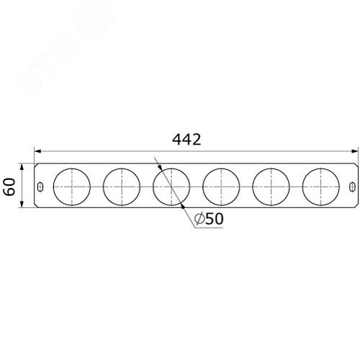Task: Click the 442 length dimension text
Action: click(x=186, y=140)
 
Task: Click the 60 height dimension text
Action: click(x=10, y=186)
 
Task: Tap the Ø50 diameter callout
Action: click(x=209, y=219)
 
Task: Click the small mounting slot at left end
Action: click(x=41, y=186)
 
